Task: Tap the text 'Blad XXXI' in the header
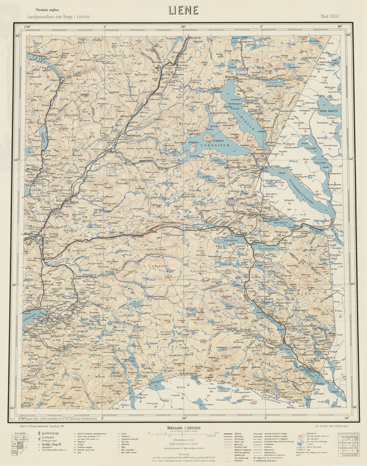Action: (x=330, y=17)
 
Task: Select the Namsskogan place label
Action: (x=133, y=136)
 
